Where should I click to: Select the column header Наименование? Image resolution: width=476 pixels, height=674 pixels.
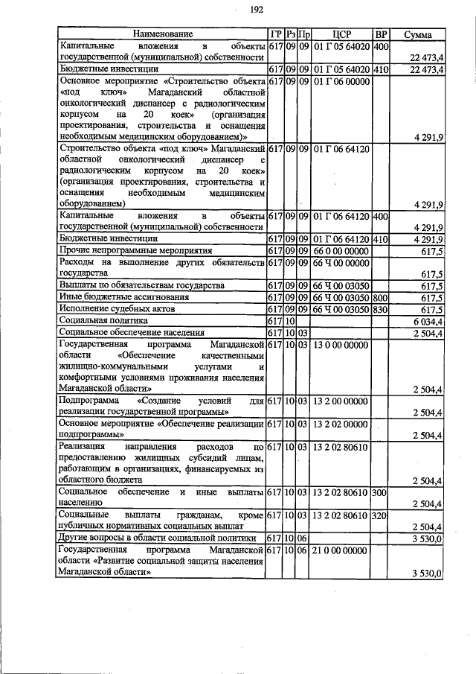[x=162, y=34]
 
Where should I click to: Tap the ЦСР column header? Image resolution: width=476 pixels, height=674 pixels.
[x=341, y=34]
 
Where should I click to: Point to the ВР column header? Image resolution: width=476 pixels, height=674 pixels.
[x=381, y=34]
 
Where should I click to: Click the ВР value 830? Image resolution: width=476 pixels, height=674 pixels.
[x=381, y=308]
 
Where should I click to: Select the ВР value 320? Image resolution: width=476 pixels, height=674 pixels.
[x=381, y=515]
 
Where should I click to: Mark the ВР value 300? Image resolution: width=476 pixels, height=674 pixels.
[x=381, y=492]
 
